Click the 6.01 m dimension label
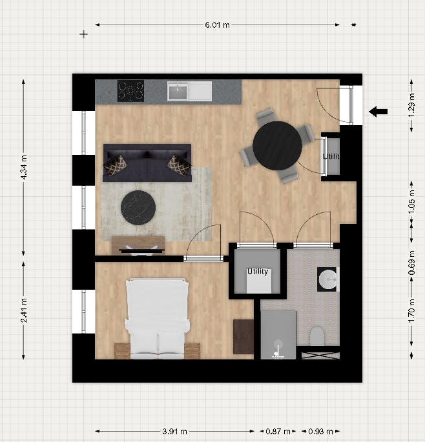[217, 25]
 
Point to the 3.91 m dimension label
[174, 431]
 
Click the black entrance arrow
[378, 112]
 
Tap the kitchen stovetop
[130, 90]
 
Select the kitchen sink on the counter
[179, 92]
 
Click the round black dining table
[277, 146]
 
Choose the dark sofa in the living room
[147, 163]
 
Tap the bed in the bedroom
[157, 317]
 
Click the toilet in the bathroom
[317, 336]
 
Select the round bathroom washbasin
[327, 279]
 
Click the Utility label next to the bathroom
[257, 272]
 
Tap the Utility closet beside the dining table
[331, 157]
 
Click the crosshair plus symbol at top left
[83, 34]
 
